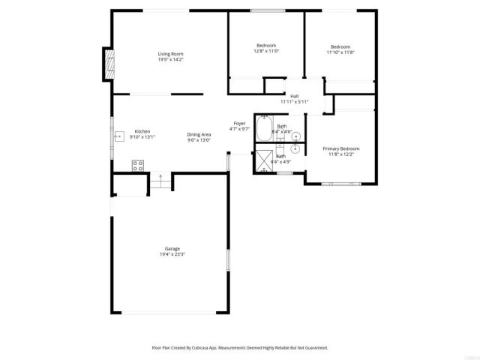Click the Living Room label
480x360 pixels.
pyautogui.click(x=170, y=53)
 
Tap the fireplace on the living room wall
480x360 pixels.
pyautogui.click(x=109, y=64)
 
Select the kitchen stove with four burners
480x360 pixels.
pyautogui.click(x=138, y=166)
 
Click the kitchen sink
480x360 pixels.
pyautogui.click(x=118, y=137)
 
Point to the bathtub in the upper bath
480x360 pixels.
pyautogui.click(x=264, y=128)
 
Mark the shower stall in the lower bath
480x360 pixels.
pyautogui.click(x=264, y=160)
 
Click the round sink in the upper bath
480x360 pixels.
pyautogui.click(x=295, y=136)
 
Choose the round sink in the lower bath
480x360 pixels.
pyautogui.click(x=295, y=148)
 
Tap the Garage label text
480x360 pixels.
pyautogui.click(x=172, y=248)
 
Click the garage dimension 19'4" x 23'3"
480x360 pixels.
pyautogui.click(x=172, y=254)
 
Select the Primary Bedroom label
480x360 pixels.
pyautogui.click(x=341, y=148)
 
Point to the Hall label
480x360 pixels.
pyautogui.click(x=295, y=96)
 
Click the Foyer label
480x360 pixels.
pyautogui.click(x=239, y=123)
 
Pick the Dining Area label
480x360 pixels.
pyautogui.click(x=199, y=134)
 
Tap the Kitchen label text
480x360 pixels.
pyautogui.click(x=142, y=131)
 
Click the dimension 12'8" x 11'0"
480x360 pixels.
pyautogui.click(x=266, y=51)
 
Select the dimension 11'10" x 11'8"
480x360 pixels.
pyautogui.click(x=340, y=52)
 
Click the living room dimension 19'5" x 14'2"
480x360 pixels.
pyautogui.click(x=170, y=59)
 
